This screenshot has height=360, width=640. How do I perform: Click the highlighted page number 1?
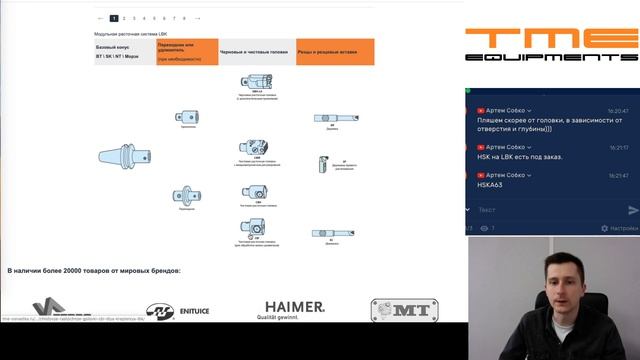coord(114,18)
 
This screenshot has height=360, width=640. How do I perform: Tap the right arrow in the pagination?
coord(198,18)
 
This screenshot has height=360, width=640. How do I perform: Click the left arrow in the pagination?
coord(100,18)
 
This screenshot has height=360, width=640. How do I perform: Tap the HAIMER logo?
coord(294,308)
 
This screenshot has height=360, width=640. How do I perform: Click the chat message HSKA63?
coord(490,185)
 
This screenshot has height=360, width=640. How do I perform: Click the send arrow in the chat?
coord(632,210)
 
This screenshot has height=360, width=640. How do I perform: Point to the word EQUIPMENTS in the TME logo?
coord(552,58)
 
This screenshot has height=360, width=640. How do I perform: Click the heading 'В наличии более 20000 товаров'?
coord(94,271)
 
